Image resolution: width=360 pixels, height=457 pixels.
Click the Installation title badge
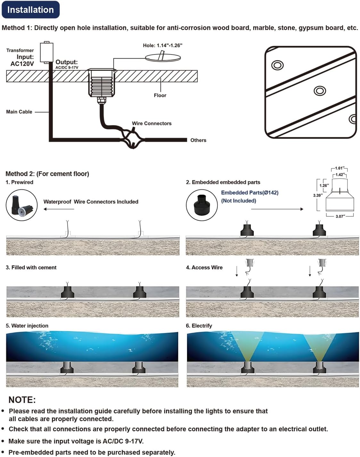[30, 10]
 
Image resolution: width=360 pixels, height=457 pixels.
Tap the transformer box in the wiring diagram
[46, 52]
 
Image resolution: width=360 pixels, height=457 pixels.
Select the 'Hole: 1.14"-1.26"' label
[163, 46]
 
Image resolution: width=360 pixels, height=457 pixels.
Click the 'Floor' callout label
[160, 96]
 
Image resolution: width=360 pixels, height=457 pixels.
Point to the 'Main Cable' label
[19, 112]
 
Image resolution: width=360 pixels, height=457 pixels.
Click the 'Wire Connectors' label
[151, 123]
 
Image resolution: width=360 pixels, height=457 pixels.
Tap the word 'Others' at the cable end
[198, 140]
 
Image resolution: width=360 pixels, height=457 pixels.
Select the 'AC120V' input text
[22, 64]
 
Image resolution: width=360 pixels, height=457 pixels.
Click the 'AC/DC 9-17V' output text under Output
[67, 68]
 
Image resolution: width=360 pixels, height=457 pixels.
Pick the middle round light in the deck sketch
[320, 91]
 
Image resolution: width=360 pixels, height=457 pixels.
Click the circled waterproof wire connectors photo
[22, 205]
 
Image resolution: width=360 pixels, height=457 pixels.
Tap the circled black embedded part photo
[202, 205]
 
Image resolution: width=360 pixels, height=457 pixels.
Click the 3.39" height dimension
[318, 195]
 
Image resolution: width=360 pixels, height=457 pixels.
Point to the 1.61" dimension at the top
[340, 168]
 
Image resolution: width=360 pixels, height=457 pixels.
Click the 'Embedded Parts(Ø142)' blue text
[250, 193]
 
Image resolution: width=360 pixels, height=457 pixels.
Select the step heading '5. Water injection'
[27, 326]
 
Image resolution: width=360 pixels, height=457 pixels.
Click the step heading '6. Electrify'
[199, 326]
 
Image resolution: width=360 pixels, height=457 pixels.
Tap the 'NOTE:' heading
[22, 400]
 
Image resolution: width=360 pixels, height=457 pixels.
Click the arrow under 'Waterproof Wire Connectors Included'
[59, 209]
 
